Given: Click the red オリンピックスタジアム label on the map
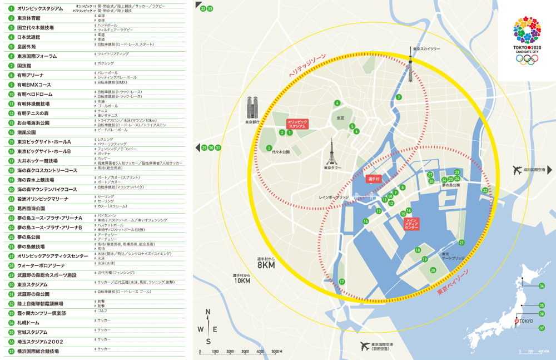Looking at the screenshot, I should [297, 124].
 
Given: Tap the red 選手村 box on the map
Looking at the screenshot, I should [373, 180].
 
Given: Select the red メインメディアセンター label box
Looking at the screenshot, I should [411, 224].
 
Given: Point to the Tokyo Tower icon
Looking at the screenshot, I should [332, 151].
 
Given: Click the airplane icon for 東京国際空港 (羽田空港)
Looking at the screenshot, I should [365, 346].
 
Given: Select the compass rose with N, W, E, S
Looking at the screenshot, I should [208, 327].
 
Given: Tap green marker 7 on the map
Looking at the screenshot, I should [399, 97].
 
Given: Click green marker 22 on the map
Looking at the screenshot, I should [485, 191].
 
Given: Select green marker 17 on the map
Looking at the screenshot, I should [342, 282].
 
